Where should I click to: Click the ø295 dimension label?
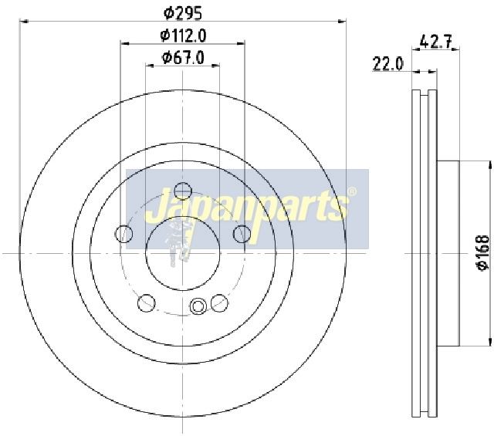pyautogui.click(x=183, y=13)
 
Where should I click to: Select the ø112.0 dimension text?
pyautogui.click(x=183, y=35)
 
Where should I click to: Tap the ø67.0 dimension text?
pyautogui.click(x=183, y=57)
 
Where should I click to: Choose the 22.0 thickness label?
pyautogui.click(x=387, y=64)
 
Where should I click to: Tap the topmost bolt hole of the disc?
pyautogui.click(x=183, y=191)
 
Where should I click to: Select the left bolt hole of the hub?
pyautogui.click(x=124, y=234)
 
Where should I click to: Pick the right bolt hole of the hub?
pyautogui.click(x=242, y=234)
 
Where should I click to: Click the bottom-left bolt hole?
pyautogui.click(x=147, y=302)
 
